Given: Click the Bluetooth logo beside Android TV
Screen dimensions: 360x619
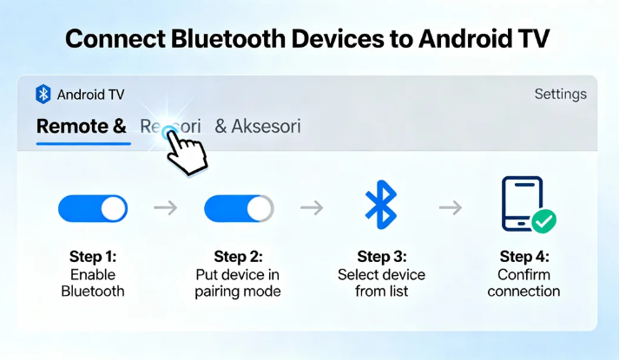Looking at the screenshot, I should tap(43, 94).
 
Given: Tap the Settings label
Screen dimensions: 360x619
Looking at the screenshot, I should tap(560, 94).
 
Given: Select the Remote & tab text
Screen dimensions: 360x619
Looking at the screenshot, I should tap(81, 127).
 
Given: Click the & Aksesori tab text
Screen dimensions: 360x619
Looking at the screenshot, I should tap(257, 127).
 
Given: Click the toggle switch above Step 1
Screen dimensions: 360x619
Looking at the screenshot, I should tap(93, 208).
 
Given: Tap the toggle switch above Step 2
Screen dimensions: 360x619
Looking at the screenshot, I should tap(238, 208).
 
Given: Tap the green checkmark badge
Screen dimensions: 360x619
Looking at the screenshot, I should tap(544, 221).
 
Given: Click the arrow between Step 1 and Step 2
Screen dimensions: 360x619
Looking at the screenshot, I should tap(165, 208).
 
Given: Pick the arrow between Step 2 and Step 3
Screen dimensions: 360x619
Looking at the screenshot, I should tap(311, 208).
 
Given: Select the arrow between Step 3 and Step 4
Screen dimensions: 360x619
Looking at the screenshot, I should tap(450, 208).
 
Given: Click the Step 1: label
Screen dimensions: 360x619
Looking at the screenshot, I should tap(93, 257).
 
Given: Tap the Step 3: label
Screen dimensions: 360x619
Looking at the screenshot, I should tap(380, 257).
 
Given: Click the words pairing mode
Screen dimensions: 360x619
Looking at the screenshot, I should tap(238, 291).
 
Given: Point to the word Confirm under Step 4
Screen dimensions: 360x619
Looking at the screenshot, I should tap(524, 274).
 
